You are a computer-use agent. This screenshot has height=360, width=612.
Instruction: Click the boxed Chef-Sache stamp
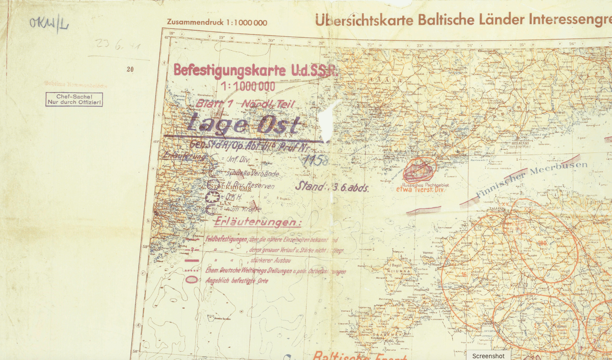point(74,100)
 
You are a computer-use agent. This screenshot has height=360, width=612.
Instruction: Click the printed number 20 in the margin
point(130,69)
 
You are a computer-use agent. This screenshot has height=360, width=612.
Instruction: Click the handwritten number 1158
point(316,160)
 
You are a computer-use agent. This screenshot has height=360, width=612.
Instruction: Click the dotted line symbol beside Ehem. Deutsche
point(192,270)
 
